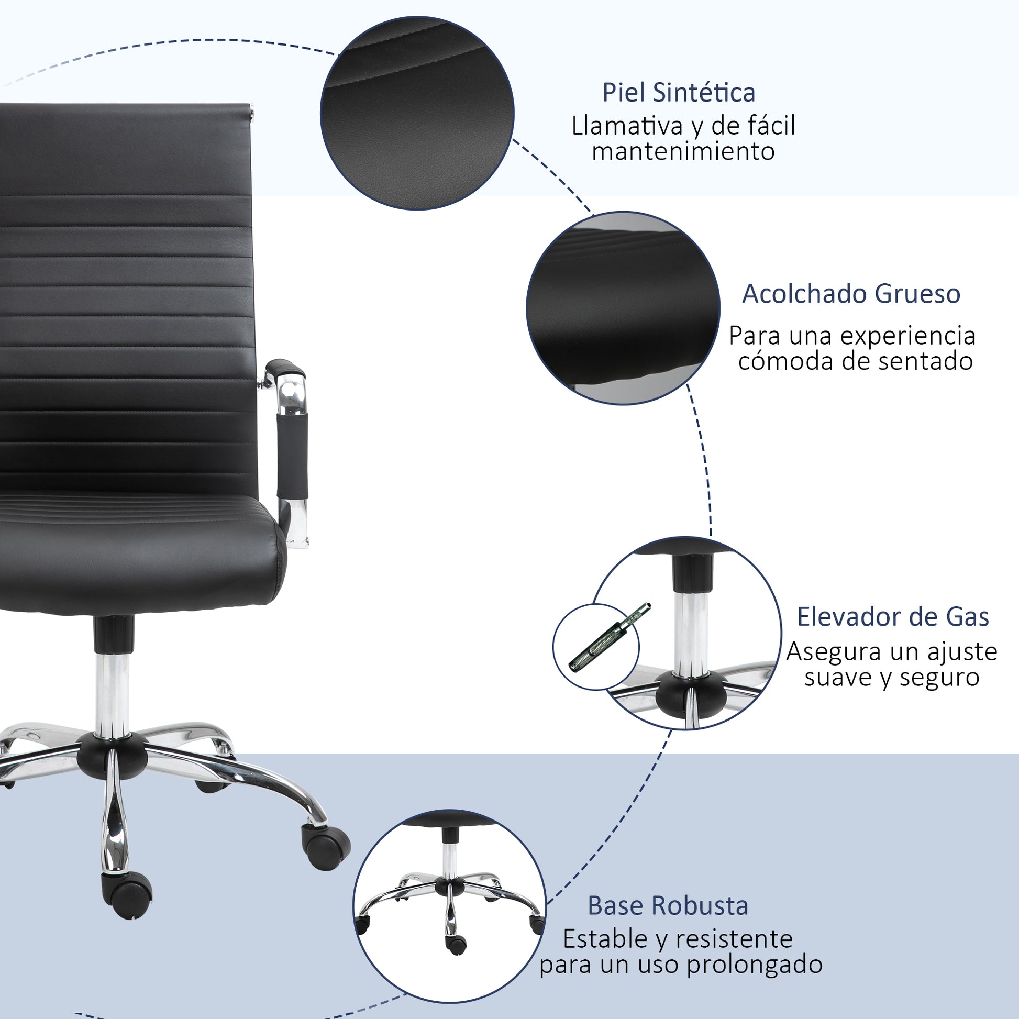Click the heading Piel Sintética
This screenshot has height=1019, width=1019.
pos(679,93)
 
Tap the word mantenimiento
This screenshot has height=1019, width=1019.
pos(683,151)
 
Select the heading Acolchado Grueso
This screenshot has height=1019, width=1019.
pos(851,294)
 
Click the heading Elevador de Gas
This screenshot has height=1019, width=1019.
pos(893,617)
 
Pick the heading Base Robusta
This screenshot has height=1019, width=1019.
pos(668,906)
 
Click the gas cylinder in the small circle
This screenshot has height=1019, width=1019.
pos(610,637)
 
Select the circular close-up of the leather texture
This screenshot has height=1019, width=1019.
pos(417,113)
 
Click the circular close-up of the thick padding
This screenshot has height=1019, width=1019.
pos(623,308)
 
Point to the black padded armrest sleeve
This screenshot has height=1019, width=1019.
pos(293,455)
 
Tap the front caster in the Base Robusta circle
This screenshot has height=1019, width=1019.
pos(456,944)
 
